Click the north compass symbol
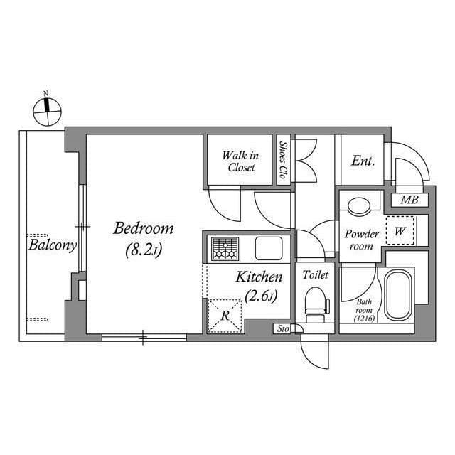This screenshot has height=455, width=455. tap(48, 110)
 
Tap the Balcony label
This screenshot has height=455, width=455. tap(53, 246)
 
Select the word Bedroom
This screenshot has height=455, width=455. tap(144, 229)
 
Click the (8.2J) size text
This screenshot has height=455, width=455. tap(144, 250)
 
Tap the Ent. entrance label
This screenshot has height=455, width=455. tap(363, 161)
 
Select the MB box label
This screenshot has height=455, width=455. tap(409, 200)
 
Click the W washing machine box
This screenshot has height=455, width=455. tap(400, 231)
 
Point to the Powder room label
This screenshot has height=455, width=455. tap(360, 240)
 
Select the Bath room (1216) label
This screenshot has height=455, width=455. tap(363, 310)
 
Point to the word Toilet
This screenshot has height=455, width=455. tap(315, 274)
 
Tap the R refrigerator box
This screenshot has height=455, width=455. tap(225, 315)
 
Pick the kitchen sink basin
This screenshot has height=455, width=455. tap(269, 249)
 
